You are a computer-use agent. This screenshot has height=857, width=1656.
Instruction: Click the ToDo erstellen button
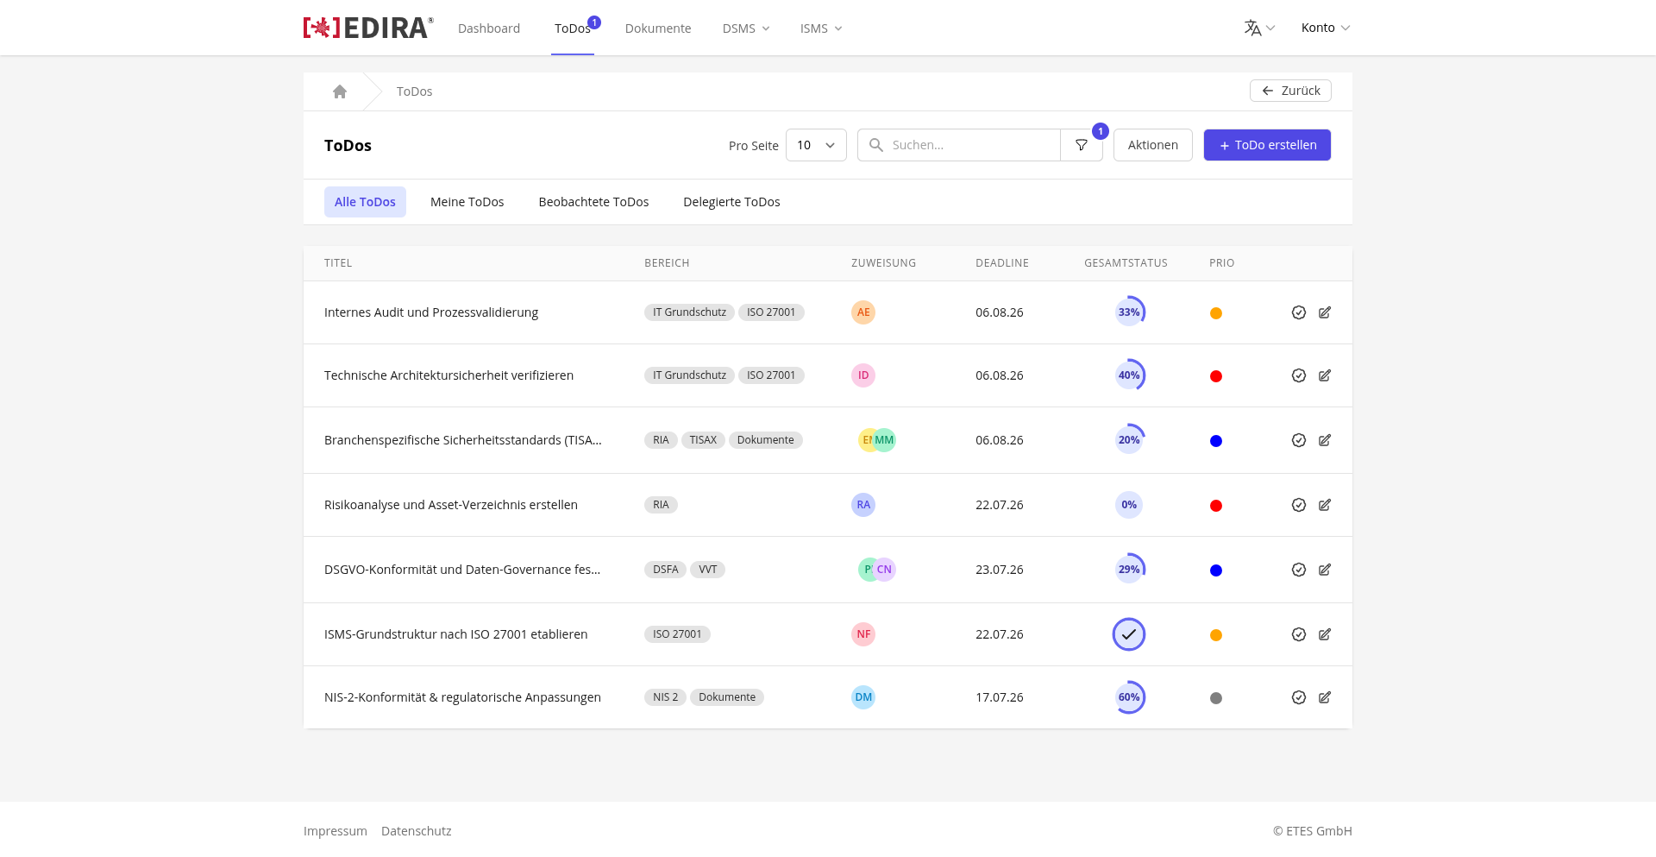tap(1267, 145)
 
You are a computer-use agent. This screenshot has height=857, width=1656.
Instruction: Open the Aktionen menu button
tap(1152, 145)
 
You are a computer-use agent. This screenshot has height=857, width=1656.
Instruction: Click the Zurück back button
tap(1290, 91)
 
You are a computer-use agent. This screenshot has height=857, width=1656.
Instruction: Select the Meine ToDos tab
tap(467, 202)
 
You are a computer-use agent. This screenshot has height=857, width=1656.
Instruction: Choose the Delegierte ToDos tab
tap(731, 202)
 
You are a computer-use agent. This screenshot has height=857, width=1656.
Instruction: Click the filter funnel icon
tap(1082, 145)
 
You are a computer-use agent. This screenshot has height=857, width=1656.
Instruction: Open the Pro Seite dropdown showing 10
tap(816, 145)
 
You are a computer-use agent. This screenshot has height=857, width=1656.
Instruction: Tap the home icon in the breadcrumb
tap(340, 91)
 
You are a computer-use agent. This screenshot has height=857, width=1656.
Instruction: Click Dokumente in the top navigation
tap(658, 28)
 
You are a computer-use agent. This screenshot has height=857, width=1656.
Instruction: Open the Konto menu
tap(1326, 28)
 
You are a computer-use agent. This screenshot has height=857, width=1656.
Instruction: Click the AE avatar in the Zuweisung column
tap(863, 312)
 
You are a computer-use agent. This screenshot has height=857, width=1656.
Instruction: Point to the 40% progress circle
tap(1129, 375)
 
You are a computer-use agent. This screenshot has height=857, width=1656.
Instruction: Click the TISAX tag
tap(703, 440)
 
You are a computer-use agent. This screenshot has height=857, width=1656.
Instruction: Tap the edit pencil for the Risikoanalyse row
tap(1325, 505)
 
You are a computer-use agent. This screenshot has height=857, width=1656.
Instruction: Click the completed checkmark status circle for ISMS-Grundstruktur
tap(1129, 634)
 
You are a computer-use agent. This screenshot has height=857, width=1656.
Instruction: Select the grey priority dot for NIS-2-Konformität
tap(1216, 698)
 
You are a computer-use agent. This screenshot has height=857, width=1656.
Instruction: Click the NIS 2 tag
tap(665, 697)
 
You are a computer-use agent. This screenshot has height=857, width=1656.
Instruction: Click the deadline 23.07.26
tap(1000, 570)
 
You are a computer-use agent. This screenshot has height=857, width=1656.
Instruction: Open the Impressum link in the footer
tap(336, 831)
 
